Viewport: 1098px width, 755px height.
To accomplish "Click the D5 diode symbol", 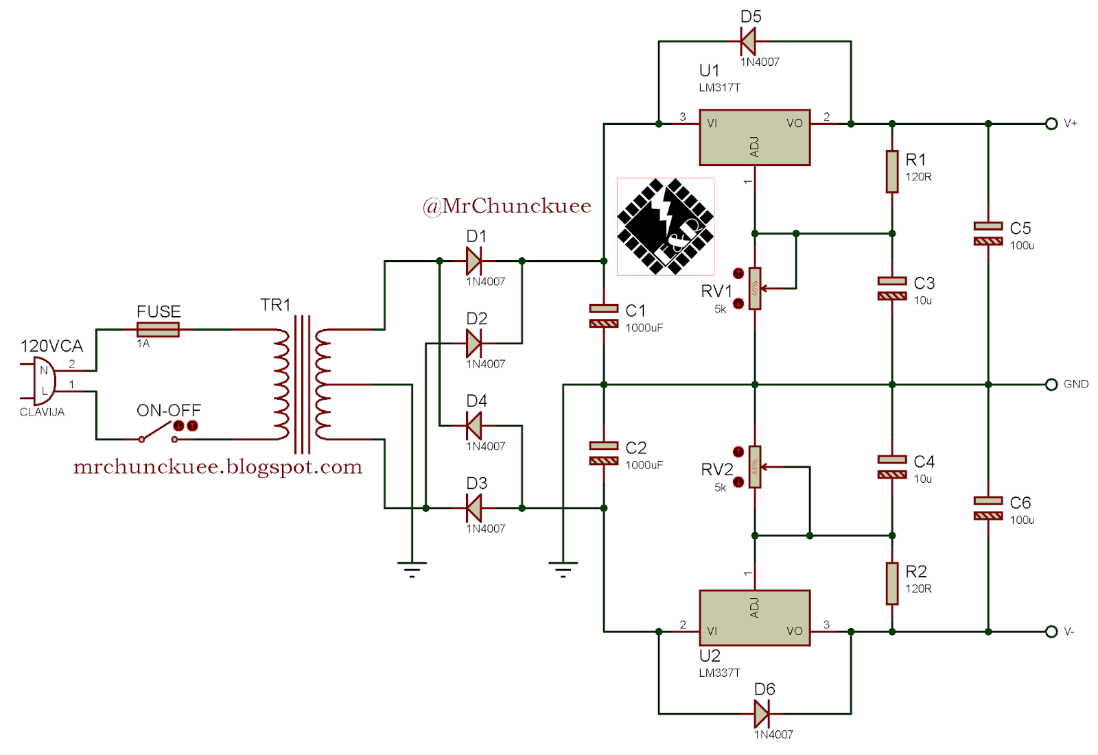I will [748, 41].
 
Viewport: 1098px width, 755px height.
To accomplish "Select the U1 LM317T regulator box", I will [754, 137].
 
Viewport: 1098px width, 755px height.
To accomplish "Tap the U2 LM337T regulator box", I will [754, 617].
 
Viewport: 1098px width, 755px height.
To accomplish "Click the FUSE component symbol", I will [158, 330].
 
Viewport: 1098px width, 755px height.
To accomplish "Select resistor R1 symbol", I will [892, 171].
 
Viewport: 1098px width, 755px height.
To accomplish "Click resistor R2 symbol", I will [892, 584].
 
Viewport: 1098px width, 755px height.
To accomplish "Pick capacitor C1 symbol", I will [604, 316].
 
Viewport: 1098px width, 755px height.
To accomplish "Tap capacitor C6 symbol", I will [988, 508].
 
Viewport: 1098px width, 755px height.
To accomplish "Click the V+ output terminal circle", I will [1051, 123].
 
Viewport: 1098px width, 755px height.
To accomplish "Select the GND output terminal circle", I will [1051, 384].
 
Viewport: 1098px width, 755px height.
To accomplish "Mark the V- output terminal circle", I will [1051, 632].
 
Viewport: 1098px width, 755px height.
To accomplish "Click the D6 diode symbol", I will [761, 714].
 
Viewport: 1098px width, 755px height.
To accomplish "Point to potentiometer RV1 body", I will [755, 289].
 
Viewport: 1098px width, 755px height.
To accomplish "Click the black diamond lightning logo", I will [665, 226].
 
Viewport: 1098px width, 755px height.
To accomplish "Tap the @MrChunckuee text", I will [507, 206].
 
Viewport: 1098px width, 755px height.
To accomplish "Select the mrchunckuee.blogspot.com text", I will [218, 467].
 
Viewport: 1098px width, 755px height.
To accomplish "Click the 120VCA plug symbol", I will [43, 381].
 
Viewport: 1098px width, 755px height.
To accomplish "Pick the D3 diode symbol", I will [474, 508].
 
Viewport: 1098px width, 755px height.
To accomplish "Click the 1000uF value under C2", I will [644, 465].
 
